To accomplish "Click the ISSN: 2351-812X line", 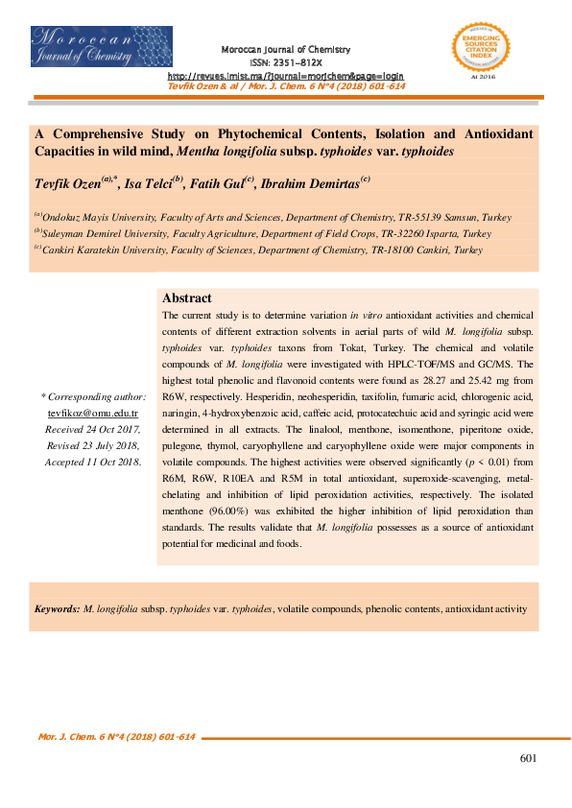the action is pos(286,60).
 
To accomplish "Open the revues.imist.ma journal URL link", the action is pos(286,75).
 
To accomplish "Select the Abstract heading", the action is pos(187,298).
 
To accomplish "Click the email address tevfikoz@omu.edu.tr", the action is pos(93,412).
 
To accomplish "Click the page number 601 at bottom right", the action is pos(527,759).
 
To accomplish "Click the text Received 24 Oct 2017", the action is pos(93,429).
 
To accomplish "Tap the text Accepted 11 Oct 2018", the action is pos(93,462).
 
